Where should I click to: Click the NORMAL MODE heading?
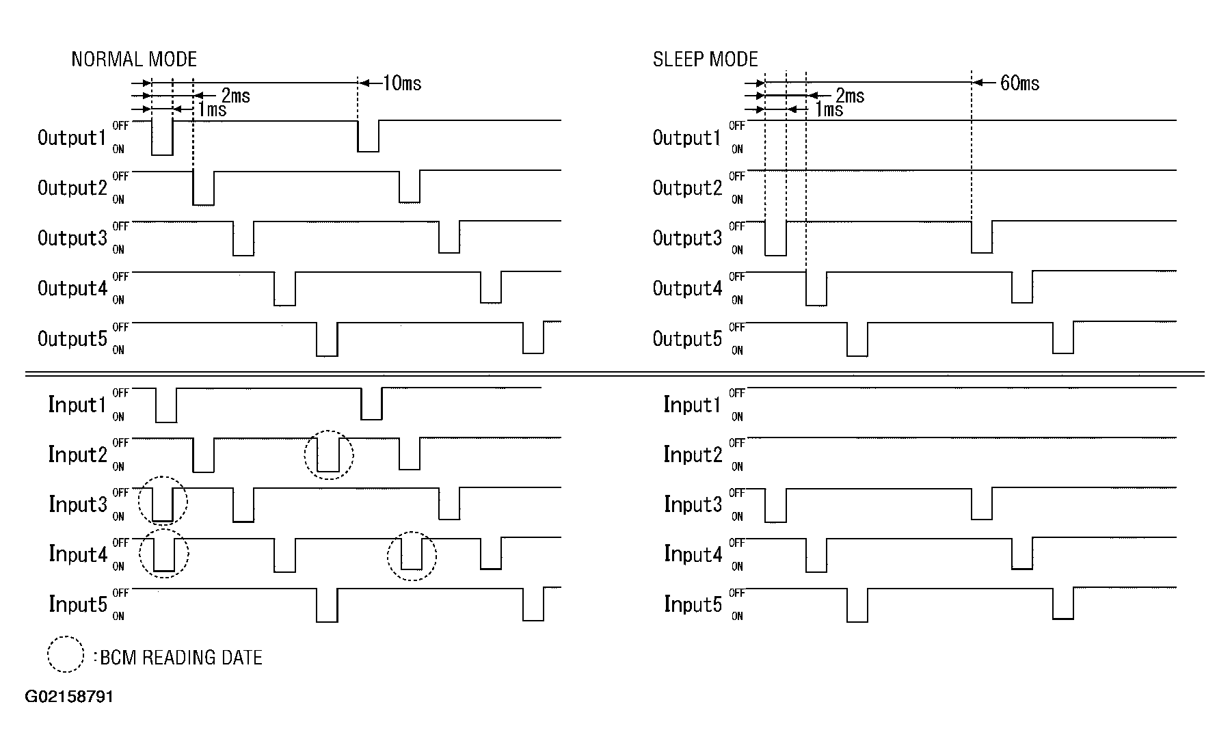coord(134,59)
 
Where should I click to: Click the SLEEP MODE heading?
coord(705,59)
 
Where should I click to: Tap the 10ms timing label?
coord(402,83)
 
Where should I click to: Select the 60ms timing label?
coord(1019,83)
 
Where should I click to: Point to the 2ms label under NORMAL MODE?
coord(236,96)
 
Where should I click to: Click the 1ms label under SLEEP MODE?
coord(829,109)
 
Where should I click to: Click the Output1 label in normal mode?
coord(72,138)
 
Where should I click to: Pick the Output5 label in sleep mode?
coord(687,339)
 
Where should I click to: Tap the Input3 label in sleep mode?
coord(693,504)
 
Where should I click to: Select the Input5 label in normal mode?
coord(77,604)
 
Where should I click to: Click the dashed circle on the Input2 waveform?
coord(329,455)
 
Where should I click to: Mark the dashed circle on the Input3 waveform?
coord(163,501)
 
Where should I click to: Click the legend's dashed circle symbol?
coord(65,654)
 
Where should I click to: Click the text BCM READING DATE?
coord(181,658)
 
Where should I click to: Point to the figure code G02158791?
coord(69,697)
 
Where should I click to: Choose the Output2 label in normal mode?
coord(72,188)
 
